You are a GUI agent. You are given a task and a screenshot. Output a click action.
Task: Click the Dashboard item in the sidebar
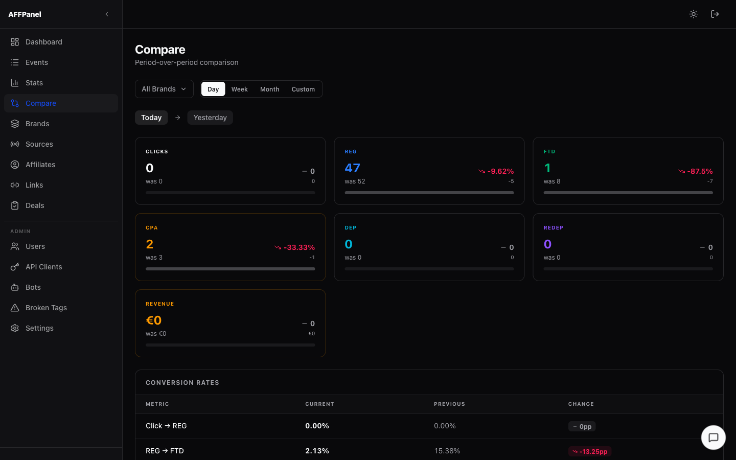coord(43,42)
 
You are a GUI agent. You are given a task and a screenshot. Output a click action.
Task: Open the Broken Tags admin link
coord(46,308)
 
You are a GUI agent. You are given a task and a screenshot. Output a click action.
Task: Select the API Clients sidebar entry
coord(43,267)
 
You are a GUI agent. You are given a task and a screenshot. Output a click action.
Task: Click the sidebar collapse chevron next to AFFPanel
coord(107,14)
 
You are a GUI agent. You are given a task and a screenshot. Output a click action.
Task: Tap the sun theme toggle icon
coord(694,14)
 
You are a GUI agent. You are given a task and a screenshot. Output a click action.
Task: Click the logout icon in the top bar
coord(715,14)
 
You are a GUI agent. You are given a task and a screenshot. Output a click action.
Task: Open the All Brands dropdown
coord(164,89)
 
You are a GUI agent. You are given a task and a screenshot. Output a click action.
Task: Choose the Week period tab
coord(239,89)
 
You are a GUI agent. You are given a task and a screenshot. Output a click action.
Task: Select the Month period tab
coord(269,89)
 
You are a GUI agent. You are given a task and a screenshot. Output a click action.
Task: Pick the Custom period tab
coord(303,89)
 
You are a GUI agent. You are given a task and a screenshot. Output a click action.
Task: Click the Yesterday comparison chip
coord(210,118)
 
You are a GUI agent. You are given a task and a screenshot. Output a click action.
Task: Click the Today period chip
coord(151,118)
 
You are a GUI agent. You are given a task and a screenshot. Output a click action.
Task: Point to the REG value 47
coord(352,168)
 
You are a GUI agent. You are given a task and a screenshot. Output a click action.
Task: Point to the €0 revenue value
coord(154,320)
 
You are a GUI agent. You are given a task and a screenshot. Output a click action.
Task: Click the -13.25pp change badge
coord(590,451)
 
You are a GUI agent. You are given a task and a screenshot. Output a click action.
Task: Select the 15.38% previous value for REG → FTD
coord(447,451)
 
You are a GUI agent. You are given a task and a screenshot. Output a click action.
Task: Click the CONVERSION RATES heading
coord(182,383)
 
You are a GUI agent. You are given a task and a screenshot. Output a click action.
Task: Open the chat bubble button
coord(713,438)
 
